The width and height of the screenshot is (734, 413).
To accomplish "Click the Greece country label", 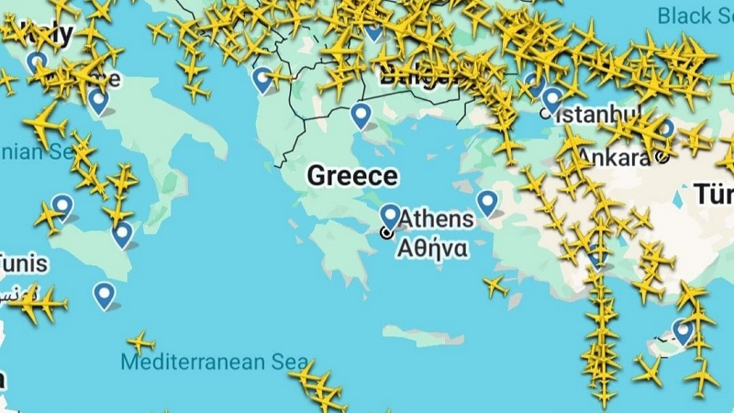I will click(x=352, y=176).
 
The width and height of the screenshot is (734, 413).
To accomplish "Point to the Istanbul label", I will click(x=600, y=115).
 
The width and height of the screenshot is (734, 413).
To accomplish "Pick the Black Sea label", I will click(x=697, y=15).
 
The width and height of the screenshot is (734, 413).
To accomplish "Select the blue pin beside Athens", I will click(x=390, y=217).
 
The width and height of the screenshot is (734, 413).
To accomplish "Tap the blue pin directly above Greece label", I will click(x=361, y=115).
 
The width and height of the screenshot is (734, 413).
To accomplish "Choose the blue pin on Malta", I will click(x=104, y=294).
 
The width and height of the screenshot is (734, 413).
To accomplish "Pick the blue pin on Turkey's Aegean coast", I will click(x=486, y=201).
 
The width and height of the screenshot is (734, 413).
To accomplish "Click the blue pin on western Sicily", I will click(x=62, y=206).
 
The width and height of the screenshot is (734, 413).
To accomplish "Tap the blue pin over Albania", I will click(x=263, y=79).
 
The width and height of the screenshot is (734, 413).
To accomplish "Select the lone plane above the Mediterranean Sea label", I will click(x=140, y=342).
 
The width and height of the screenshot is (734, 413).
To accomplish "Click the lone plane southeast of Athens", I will click(x=495, y=286).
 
